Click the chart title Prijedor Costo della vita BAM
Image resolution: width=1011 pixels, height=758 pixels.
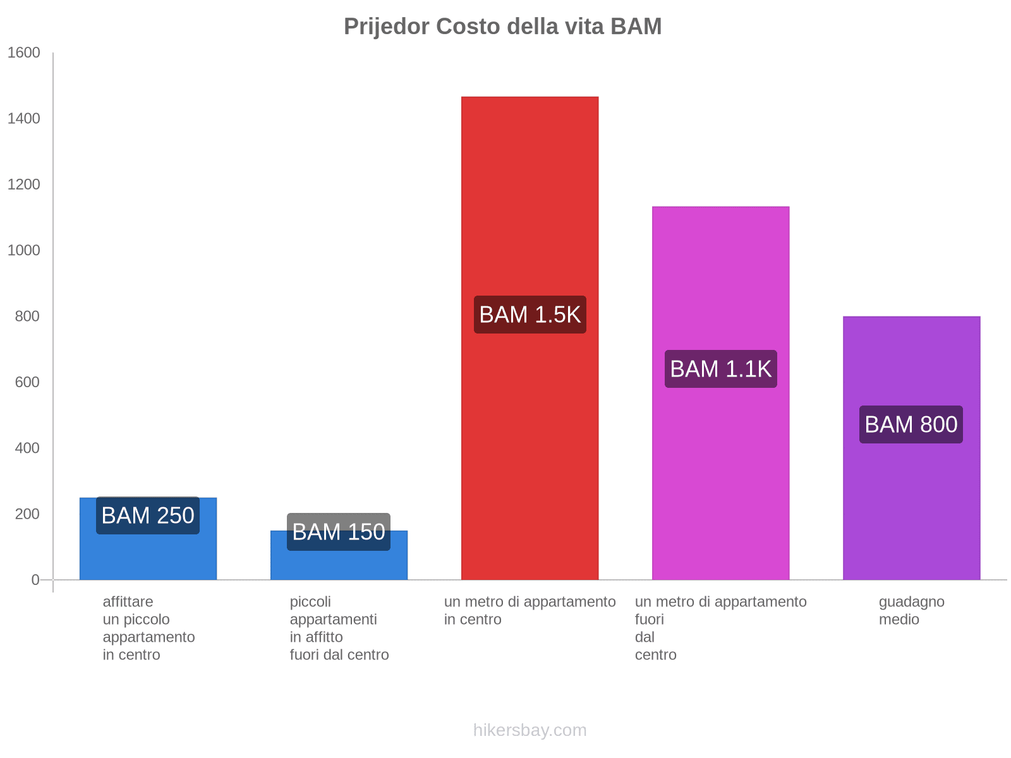coord(502,27)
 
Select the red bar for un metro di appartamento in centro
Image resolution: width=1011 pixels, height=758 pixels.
coord(530,189)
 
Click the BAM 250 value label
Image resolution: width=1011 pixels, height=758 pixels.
coord(148,515)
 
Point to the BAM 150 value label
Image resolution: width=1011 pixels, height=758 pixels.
coord(339,532)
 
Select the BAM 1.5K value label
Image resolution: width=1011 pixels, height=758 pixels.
coord(530,315)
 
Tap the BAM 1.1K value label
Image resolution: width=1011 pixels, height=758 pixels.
coord(720,369)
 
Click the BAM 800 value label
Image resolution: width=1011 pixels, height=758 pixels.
coord(911,424)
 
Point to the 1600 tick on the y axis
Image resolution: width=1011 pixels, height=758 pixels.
coord(24,53)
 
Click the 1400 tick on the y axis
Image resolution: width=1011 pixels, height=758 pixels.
coord(24,119)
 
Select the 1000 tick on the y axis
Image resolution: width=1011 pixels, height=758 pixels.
coord(24,251)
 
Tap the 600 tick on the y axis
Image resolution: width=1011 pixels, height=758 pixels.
coord(27,382)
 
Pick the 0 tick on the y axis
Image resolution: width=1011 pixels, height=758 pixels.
coord(35,580)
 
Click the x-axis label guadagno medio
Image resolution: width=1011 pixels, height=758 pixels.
coord(911,610)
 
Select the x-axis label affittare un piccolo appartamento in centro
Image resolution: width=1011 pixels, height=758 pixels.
coord(148,628)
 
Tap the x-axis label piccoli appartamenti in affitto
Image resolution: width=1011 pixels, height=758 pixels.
coord(339,628)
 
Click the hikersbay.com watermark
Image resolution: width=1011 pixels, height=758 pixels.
coord(530,730)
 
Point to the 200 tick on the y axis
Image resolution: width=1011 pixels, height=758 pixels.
coord(27,514)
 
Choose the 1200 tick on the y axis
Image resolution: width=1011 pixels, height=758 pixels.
coord(24,184)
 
